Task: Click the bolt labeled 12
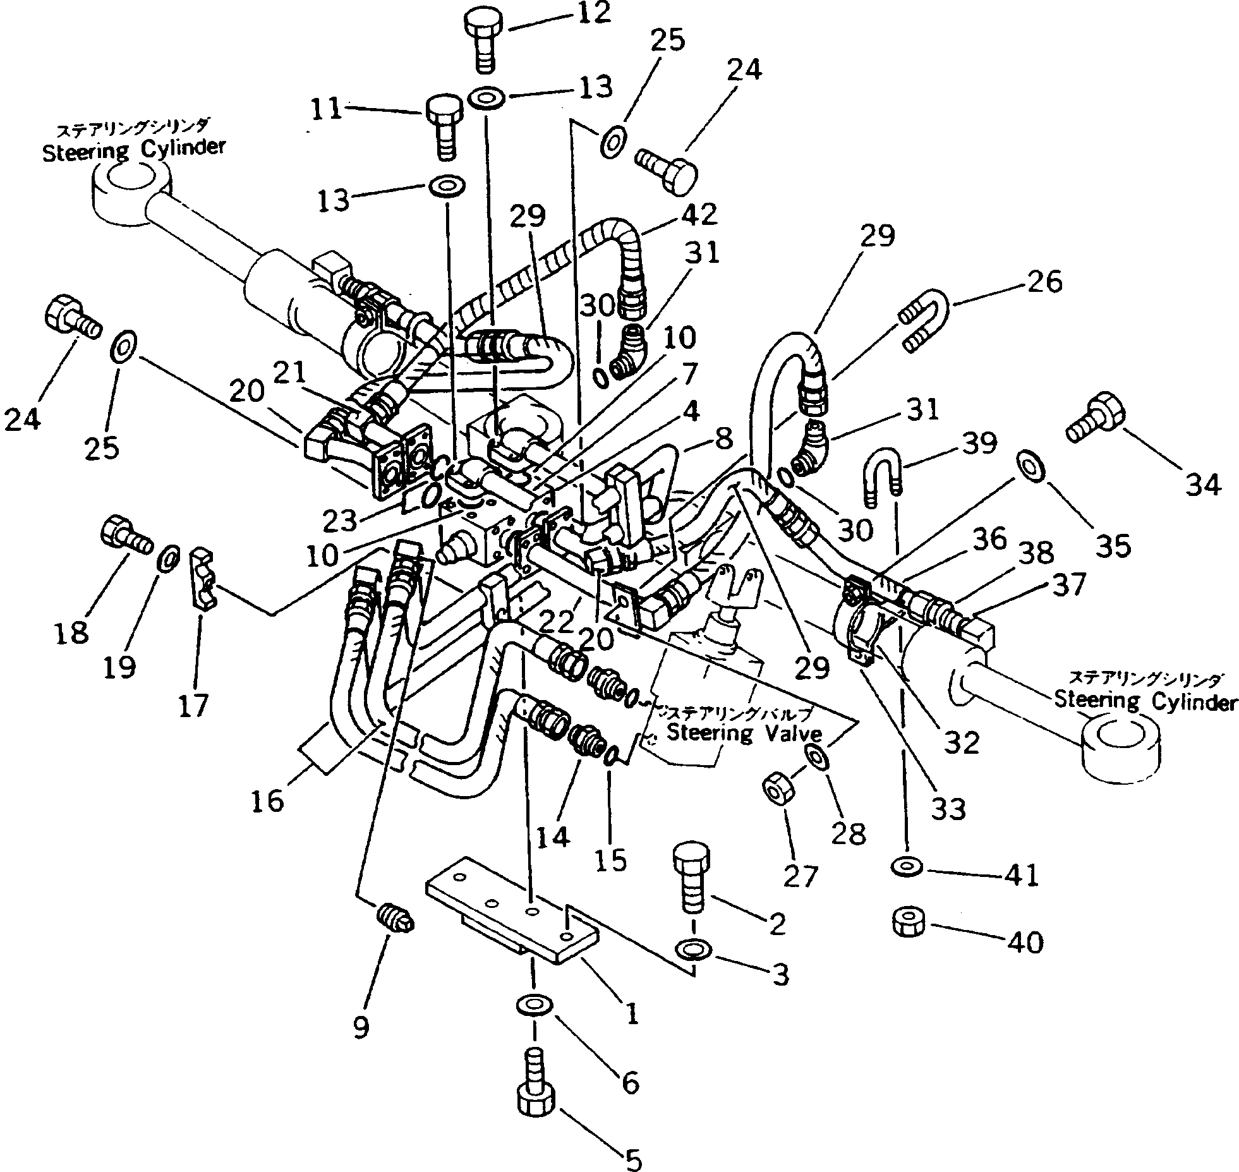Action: tap(485, 39)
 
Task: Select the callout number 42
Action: tap(699, 215)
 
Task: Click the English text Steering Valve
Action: tap(744, 734)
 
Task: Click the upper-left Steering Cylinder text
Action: tap(133, 150)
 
